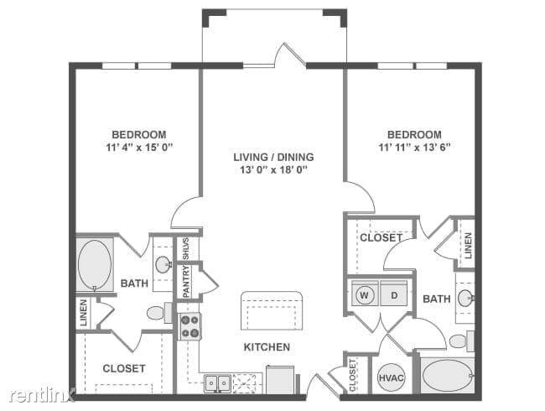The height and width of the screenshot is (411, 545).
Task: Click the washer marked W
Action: [x=365, y=295]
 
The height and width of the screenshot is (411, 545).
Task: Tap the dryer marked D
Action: [x=394, y=295]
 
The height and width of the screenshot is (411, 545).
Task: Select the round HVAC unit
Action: [x=391, y=377]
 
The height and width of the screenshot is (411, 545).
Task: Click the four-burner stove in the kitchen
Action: [x=190, y=326]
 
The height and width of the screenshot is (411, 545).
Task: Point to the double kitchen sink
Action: [x=218, y=383]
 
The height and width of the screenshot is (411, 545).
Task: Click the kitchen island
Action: [x=272, y=311]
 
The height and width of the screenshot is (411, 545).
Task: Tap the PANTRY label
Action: [x=187, y=281]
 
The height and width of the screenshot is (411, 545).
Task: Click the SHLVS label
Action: [x=186, y=248]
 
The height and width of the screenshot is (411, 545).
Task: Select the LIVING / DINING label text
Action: [x=273, y=157]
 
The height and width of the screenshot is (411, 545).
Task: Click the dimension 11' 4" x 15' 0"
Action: [x=140, y=148]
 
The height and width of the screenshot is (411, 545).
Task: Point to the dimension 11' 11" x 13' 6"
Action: [x=415, y=148]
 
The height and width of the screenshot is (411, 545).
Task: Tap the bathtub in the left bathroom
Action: [x=95, y=265]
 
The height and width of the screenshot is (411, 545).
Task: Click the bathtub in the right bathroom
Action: [x=447, y=376]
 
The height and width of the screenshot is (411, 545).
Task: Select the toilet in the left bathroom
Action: [x=159, y=313]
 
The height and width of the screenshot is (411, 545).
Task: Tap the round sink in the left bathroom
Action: [x=163, y=264]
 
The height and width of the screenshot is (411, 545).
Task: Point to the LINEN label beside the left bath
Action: [x=84, y=313]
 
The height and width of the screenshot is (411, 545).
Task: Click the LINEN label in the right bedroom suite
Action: [x=468, y=246]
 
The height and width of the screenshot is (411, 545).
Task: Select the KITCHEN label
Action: [x=267, y=347]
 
